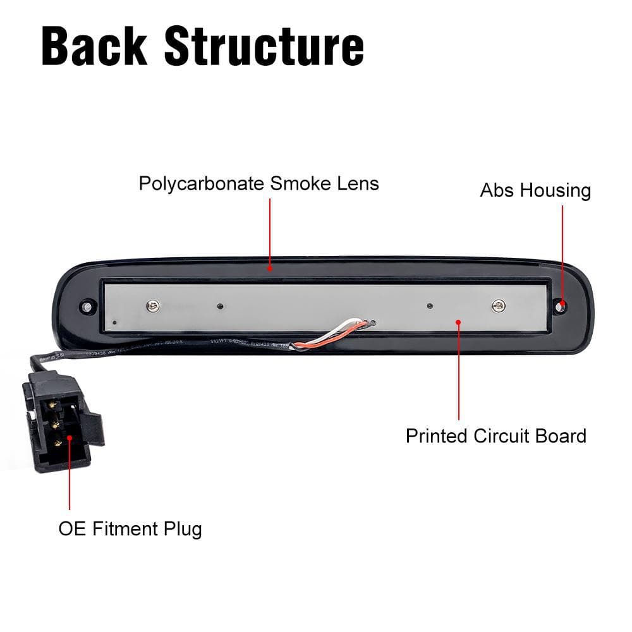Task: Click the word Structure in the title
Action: click(x=264, y=46)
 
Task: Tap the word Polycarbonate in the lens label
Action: click(x=202, y=184)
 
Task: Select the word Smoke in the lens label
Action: click(x=300, y=184)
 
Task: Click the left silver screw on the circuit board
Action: click(x=152, y=307)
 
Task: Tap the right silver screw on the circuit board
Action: click(x=499, y=306)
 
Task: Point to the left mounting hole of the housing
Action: click(x=85, y=307)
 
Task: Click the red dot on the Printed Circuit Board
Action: click(x=458, y=321)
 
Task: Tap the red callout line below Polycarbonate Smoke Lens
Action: click(x=270, y=234)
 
